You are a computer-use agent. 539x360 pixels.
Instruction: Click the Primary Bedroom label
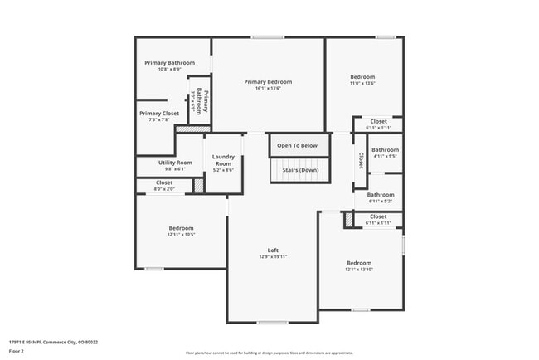tap(268, 82)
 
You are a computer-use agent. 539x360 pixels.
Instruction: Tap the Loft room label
tap(272, 251)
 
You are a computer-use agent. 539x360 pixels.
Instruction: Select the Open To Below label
tap(297, 146)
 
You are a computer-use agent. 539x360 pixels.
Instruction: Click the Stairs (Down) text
tap(301, 170)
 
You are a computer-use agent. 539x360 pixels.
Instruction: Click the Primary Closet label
tap(159, 114)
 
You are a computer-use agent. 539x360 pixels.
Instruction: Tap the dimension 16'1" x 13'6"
tap(268, 89)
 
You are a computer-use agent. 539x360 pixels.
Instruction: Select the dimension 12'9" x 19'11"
tap(272, 257)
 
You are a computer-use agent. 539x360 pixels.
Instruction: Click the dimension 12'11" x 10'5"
tap(182, 235)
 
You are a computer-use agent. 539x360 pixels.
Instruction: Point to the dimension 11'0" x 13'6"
tap(362, 83)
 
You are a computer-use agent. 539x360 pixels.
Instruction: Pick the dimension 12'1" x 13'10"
tap(359, 270)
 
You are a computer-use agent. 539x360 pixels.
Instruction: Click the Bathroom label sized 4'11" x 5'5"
tap(385, 150)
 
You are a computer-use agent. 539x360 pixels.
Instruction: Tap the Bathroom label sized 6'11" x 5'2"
tap(381, 195)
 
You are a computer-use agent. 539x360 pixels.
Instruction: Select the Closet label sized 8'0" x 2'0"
tap(164, 182)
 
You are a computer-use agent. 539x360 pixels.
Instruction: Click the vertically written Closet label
tap(361, 159)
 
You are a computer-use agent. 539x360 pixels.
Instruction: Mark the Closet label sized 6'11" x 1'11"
tap(378, 216)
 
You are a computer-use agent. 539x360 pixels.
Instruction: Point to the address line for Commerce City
tap(53, 342)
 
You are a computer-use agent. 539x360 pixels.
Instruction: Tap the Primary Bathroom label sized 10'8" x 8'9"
tap(169, 63)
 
